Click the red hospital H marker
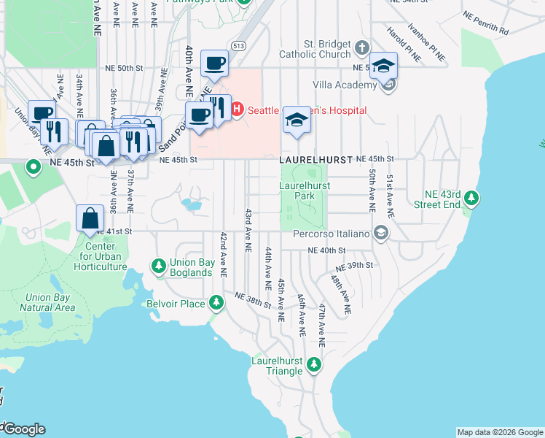click(237, 111)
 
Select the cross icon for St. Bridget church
click(363, 50)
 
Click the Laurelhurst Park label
click(304, 191)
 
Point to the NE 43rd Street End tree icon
click(471, 197)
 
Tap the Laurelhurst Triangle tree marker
click(313, 364)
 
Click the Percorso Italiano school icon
click(380, 233)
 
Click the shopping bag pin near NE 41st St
click(89, 218)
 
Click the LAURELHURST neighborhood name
click(313, 158)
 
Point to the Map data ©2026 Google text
click(499, 432)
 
